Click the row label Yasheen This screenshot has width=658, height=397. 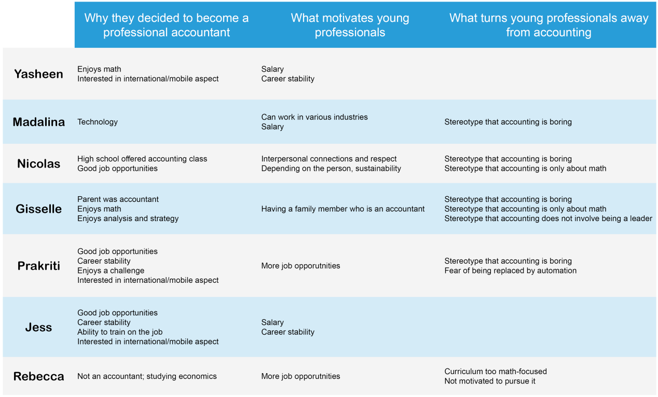(38, 74)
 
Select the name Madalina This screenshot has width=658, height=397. (38, 122)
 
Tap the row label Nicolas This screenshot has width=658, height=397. (38, 163)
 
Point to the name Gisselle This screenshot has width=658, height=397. (38, 209)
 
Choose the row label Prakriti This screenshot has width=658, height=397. (38, 266)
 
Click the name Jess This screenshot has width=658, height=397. (38, 327)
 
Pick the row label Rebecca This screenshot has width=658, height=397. (38, 376)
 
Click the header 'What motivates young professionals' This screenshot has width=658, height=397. (350, 25)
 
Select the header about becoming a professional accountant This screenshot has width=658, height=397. (166, 25)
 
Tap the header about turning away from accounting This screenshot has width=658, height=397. (549, 25)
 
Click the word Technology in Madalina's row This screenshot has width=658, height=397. (98, 122)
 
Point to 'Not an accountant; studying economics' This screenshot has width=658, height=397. (147, 376)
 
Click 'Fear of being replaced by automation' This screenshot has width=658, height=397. (510, 271)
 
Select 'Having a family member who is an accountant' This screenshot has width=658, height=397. (343, 209)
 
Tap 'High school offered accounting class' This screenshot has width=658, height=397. (142, 159)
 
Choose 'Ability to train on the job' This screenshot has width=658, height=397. (120, 332)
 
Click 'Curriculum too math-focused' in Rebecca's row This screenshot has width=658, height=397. (496, 372)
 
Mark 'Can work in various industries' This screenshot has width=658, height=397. (314, 117)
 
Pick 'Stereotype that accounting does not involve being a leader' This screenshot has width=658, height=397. (548, 218)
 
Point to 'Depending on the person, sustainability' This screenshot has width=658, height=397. (331, 169)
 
